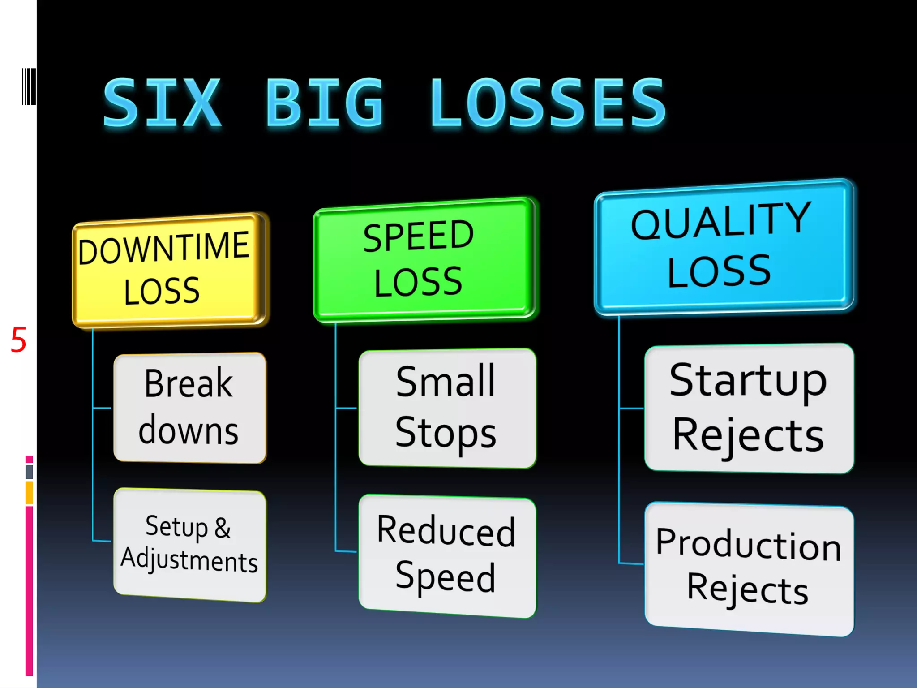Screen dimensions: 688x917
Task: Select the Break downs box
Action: click(189, 408)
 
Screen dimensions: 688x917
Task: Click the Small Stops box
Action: click(447, 408)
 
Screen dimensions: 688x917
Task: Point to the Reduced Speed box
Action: click(447, 555)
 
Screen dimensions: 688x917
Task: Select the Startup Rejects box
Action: click(749, 408)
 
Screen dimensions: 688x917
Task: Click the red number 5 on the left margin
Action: click(18, 340)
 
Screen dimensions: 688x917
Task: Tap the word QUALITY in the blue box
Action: click(721, 220)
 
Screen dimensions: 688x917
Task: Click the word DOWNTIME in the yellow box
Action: click(164, 248)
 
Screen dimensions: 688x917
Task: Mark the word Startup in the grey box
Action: click(748, 381)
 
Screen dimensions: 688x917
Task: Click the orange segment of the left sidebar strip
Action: click(29, 493)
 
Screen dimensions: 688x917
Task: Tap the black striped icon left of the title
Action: click(29, 86)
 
